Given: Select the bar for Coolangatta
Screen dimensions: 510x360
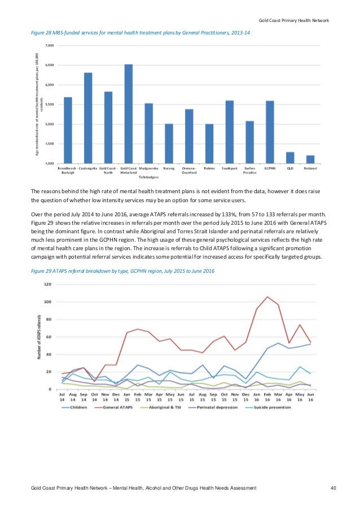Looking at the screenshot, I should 88,118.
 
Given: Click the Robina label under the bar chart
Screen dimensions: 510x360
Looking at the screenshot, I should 209,168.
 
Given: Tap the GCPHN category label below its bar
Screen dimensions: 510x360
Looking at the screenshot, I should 270,168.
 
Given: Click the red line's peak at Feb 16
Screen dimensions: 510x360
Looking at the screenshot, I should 267,297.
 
